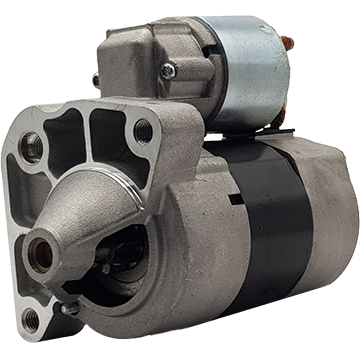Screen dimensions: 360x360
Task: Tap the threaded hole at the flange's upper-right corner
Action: coord(143,129)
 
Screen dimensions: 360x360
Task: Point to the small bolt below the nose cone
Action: coord(70,308)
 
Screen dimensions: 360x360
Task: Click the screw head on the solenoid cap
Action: coord(168,71)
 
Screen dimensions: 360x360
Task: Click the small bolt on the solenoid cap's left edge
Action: coord(96,80)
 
